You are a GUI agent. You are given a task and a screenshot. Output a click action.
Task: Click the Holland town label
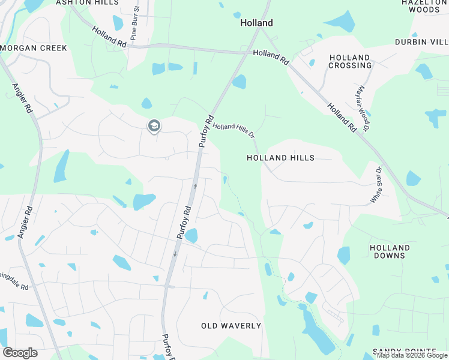click(256, 23)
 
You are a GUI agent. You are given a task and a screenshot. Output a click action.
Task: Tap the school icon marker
click(154, 126)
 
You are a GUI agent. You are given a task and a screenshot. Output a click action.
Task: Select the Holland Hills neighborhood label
click(280, 158)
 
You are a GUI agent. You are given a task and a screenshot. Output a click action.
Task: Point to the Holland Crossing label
click(350, 61)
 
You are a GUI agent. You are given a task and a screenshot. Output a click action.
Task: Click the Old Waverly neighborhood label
click(231, 326)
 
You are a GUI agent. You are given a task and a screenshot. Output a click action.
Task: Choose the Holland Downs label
click(390, 251)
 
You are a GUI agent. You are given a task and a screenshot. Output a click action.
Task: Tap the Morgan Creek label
click(26, 47)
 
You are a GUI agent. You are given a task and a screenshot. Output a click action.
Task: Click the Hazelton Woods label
click(424, 6)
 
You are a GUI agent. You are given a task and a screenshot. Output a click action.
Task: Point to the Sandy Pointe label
click(404, 351)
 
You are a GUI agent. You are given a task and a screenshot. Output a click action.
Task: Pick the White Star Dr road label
click(376, 185)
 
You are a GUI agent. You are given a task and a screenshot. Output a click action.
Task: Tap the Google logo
click(19, 353)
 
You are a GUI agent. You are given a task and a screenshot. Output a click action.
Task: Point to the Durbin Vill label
click(421, 42)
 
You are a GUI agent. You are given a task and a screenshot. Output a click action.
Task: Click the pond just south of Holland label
click(240, 82)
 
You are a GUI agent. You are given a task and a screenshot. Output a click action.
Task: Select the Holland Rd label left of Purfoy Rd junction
click(110, 37)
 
